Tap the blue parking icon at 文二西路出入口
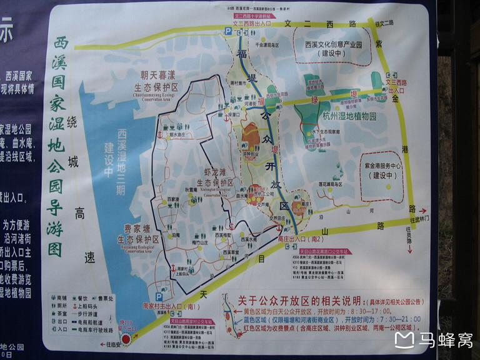pyautogui.click(x=228, y=29)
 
